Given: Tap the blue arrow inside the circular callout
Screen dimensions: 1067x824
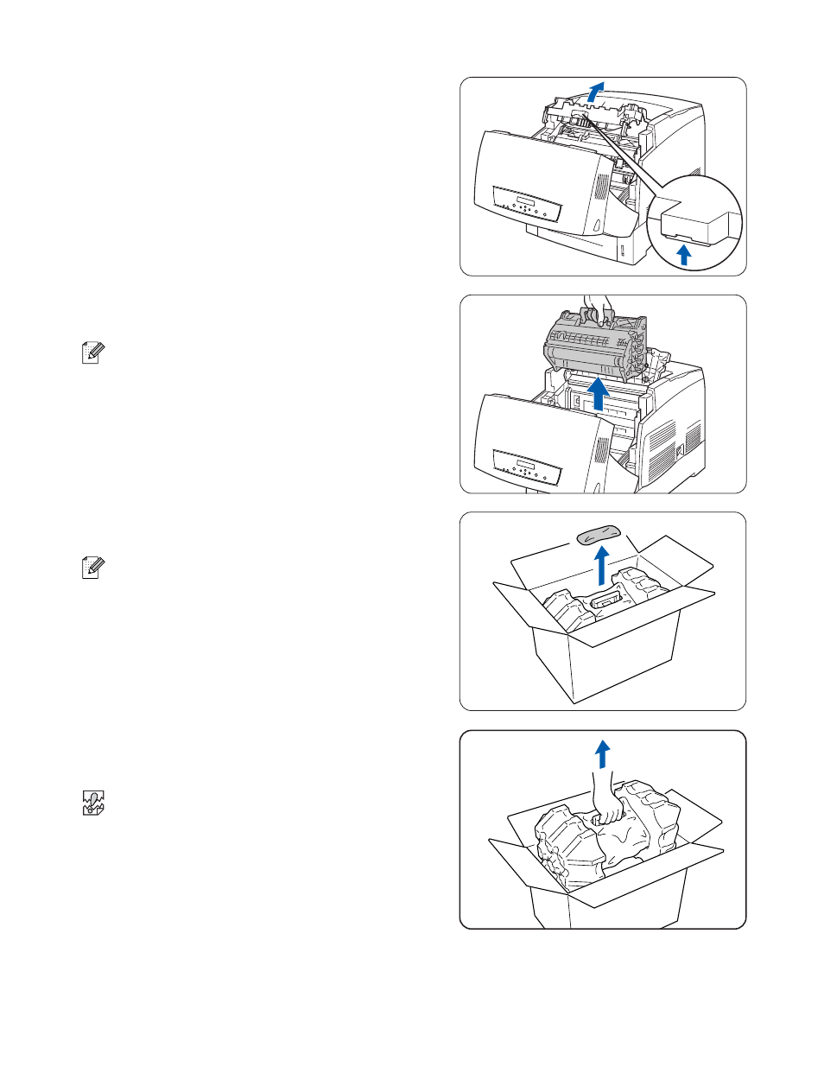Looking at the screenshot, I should [x=684, y=253].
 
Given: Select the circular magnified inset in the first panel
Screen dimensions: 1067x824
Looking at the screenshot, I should [x=694, y=223].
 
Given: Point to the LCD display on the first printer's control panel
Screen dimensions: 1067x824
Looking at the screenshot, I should [x=525, y=203].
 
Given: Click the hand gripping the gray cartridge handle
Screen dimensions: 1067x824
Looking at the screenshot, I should [x=598, y=307].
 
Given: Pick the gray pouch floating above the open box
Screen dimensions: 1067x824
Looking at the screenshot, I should [x=599, y=535].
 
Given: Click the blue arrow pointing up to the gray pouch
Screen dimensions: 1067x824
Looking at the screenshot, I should [x=602, y=565].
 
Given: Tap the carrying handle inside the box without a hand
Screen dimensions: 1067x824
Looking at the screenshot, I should [x=607, y=596].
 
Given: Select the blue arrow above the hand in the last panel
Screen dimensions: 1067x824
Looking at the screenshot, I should [x=603, y=753].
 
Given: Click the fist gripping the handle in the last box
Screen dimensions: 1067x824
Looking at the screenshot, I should [x=608, y=810].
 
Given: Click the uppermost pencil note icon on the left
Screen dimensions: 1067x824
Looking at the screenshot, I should [x=92, y=352].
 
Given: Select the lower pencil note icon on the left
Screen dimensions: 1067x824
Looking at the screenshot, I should [x=92, y=568].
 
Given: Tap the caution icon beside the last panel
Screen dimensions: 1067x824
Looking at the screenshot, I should [x=92, y=803].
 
